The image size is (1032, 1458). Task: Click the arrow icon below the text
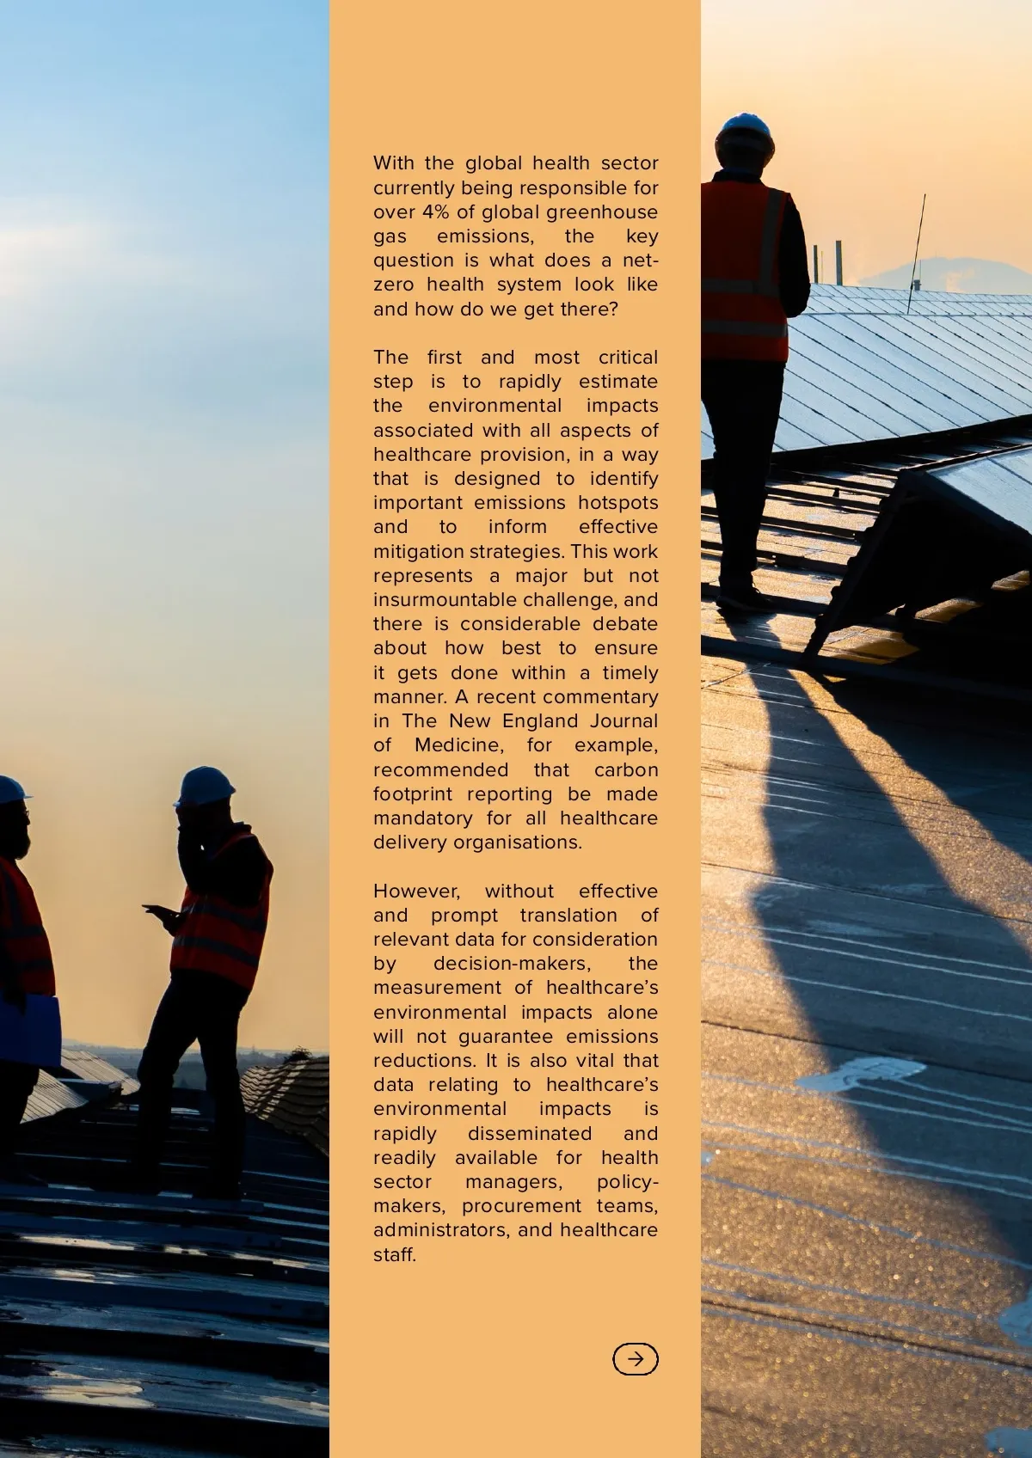635,1359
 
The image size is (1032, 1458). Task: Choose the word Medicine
458,745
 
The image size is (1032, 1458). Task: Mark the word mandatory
422,818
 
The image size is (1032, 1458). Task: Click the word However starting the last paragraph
416,891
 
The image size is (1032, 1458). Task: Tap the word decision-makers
512,964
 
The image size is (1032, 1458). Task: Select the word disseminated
529,1134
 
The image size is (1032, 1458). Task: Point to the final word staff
395,1255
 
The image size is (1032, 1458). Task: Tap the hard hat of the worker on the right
745,130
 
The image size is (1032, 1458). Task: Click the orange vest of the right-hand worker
745,266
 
